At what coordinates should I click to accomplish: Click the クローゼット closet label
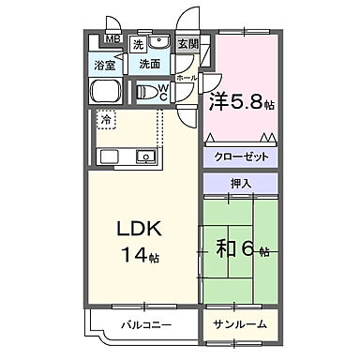[239, 157]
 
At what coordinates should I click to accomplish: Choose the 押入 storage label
[239, 186]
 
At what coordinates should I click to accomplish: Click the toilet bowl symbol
[148, 92]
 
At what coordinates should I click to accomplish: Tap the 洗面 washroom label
[150, 65]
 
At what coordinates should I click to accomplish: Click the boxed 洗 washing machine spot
[138, 44]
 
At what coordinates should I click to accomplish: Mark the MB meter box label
[112, 39]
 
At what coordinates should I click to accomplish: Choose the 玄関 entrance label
[187, 44]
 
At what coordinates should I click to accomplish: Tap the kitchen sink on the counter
[146, 156]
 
